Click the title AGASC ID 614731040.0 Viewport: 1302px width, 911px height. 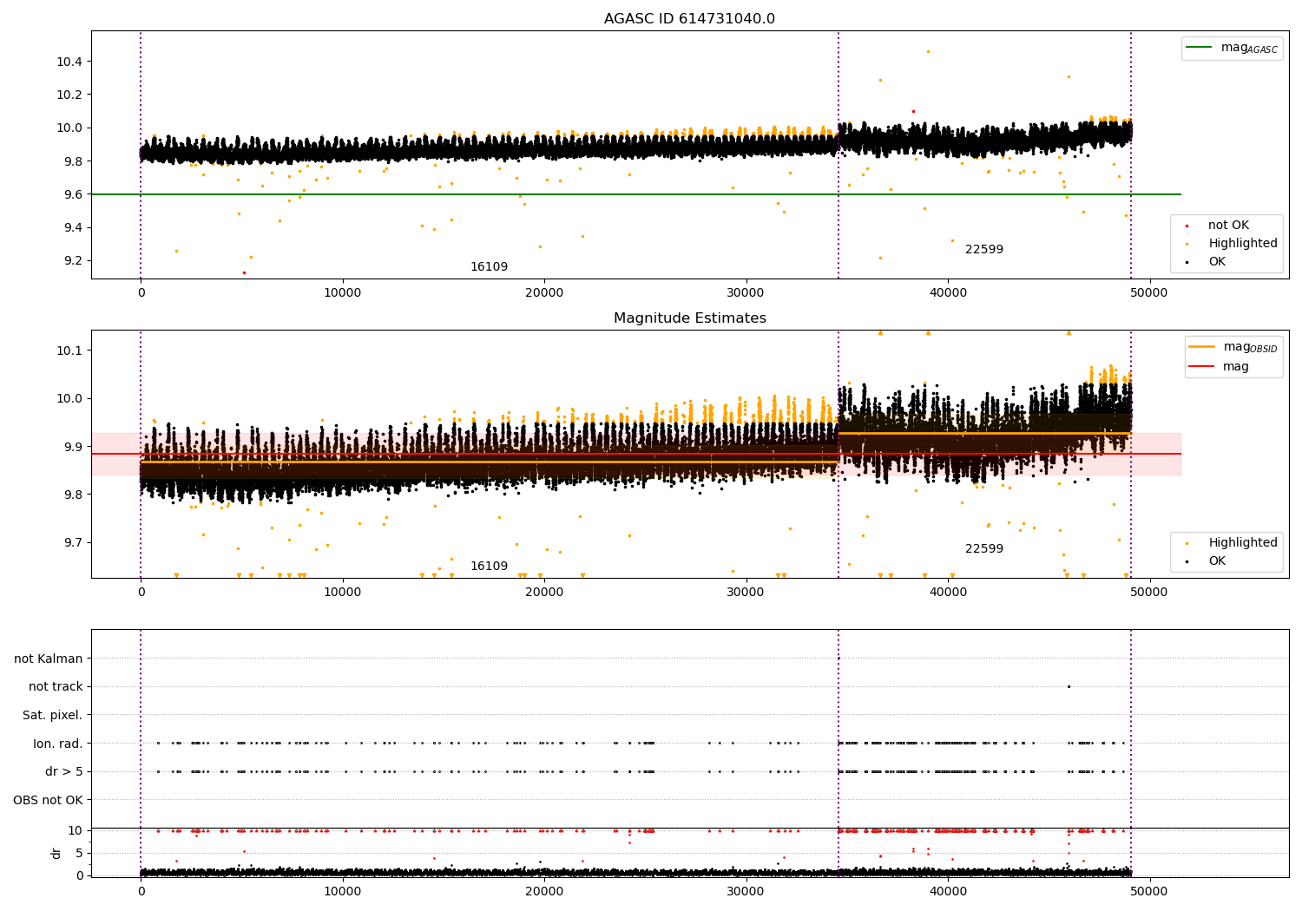pos(689,19)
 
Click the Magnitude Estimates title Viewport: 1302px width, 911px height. pos(689,318)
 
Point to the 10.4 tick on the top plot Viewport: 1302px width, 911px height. pos(69,62)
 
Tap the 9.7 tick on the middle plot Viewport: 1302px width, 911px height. pos(73,543)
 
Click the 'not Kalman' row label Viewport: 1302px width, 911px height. pos(49,659)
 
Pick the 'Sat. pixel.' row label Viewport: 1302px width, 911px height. pos(52,715)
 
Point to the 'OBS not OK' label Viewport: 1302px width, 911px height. pos(48,800)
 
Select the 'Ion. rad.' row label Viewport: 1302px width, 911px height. pos(57,744)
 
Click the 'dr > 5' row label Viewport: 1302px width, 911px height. pos(63,771)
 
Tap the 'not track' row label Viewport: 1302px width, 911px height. pos(56,686)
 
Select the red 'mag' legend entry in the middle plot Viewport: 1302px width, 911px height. pos(1235,367)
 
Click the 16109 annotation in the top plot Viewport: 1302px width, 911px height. pos(489,267)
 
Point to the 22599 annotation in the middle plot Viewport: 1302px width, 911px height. pos(983,549)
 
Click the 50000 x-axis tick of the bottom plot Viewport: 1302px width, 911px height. pos(1149,890)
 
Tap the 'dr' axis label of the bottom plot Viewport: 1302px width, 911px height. pos(56,853)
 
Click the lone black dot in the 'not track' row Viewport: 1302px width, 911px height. pos(1069,686)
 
